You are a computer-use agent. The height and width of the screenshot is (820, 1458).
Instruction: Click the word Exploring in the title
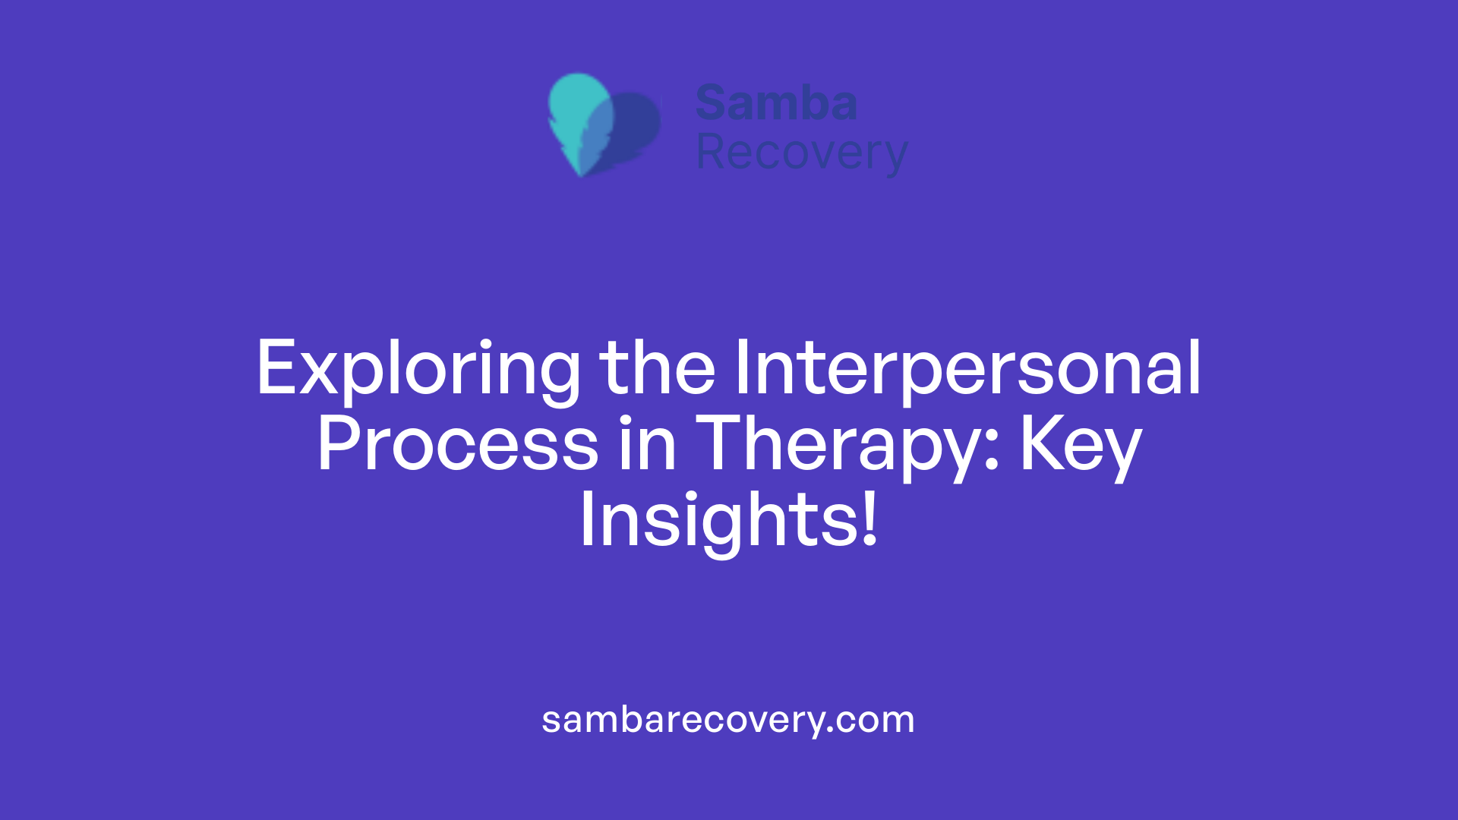coord(418,370)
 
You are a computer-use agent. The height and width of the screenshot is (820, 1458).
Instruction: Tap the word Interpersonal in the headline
coord(967,370)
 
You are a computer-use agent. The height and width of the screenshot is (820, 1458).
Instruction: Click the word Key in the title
coord(1080,446)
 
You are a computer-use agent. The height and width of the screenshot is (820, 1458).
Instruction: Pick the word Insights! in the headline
coord(728,521)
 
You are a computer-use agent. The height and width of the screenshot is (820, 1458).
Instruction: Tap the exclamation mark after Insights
coord(870,520)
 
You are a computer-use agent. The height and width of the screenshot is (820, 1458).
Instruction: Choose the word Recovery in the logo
coord(801,153)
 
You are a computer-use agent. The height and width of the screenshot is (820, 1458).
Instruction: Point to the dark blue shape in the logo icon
coord(636,125)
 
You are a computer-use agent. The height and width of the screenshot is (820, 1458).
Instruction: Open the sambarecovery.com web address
coord(728,719)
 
